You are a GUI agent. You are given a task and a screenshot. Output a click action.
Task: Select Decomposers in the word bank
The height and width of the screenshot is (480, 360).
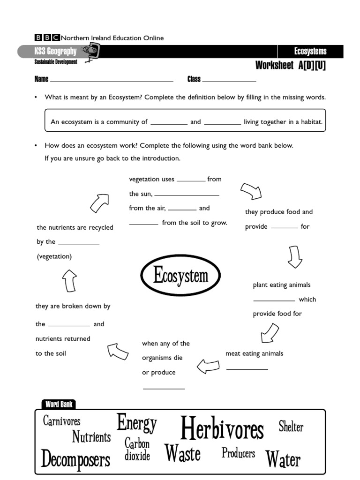coord(75,459)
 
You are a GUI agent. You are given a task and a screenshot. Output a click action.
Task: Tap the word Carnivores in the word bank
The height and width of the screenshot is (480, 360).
coord(61,421)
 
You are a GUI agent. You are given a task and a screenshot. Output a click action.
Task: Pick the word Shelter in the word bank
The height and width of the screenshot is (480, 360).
coord(291,427)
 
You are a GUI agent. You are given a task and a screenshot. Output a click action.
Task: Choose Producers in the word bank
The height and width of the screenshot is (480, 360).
coord(238,453)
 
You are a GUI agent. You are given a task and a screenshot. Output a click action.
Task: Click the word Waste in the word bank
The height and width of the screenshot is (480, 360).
coord(182,453)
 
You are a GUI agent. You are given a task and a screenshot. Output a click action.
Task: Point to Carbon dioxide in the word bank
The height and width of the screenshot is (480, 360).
coord(137,450)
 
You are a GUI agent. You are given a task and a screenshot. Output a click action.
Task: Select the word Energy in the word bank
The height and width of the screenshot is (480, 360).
coord(137,423)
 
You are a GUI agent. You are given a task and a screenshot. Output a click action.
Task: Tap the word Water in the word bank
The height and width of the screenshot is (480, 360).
coord(283,460)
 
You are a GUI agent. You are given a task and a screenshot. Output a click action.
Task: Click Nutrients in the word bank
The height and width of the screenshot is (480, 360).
coord(91,437)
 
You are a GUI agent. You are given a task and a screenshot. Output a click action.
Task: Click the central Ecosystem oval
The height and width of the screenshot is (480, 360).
coord(180,276)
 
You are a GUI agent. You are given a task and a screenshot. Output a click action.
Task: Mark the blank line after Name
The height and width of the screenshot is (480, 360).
coord(112,81)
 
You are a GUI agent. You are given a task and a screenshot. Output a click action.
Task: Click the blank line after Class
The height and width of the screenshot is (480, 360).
coord(229,81)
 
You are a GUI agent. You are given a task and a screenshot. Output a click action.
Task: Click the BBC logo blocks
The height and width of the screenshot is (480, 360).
coord(47,38)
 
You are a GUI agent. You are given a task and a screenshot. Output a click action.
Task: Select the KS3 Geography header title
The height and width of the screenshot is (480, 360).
coord(55,52)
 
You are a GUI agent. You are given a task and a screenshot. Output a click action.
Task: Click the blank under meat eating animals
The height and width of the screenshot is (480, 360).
coord(247,369)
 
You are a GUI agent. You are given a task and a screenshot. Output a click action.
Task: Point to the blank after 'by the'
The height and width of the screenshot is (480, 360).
coord(78,243)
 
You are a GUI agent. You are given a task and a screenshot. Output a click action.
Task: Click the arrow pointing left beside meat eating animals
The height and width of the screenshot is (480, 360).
coord(208,366)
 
